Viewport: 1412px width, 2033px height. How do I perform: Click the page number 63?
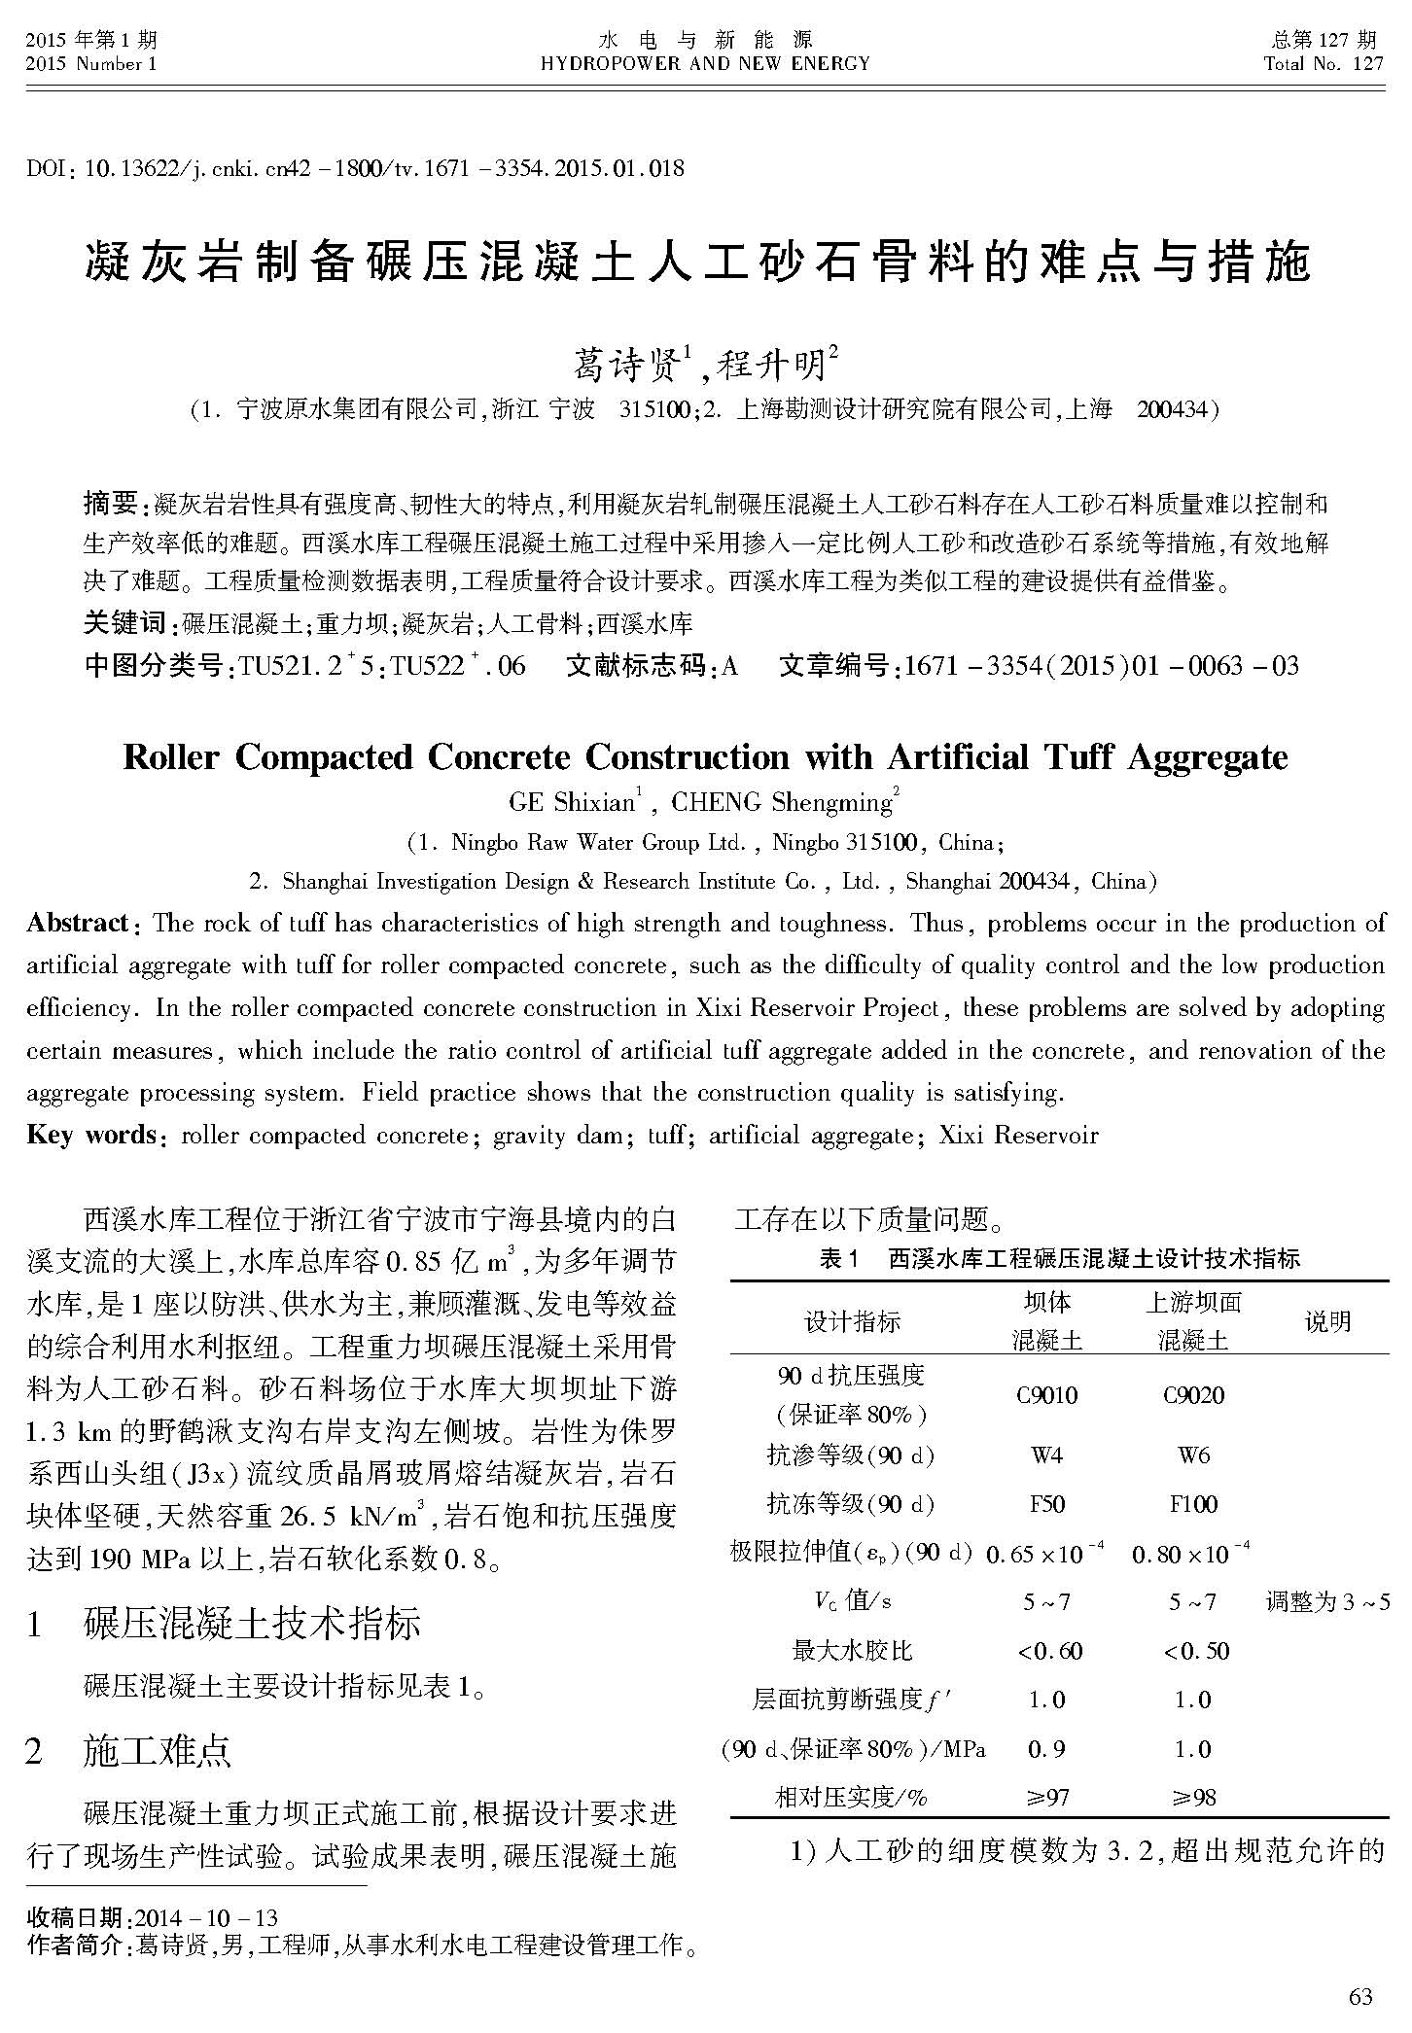1360,1996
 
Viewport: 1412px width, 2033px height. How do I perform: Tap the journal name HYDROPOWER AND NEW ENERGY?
705,64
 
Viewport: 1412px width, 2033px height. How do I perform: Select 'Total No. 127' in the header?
1323,64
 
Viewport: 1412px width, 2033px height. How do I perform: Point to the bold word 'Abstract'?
77,923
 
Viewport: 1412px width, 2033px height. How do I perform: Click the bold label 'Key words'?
91,1135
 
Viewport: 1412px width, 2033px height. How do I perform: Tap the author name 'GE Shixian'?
571,802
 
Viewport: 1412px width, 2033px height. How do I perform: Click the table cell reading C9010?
1046,1395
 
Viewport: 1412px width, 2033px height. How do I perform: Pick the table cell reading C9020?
1193,1395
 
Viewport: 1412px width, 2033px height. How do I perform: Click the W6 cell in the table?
1193,1455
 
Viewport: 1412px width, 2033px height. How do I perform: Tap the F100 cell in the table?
1193,1504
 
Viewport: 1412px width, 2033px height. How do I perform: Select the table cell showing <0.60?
1048,1651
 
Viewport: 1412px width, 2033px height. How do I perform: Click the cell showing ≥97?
1047,1798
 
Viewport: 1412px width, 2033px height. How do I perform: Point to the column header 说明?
1327,1321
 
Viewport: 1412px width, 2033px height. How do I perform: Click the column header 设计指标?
852,1321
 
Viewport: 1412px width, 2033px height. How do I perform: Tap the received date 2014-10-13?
206,1918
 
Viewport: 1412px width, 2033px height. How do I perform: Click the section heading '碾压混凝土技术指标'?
253,1624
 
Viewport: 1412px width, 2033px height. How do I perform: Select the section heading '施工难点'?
158,1751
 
